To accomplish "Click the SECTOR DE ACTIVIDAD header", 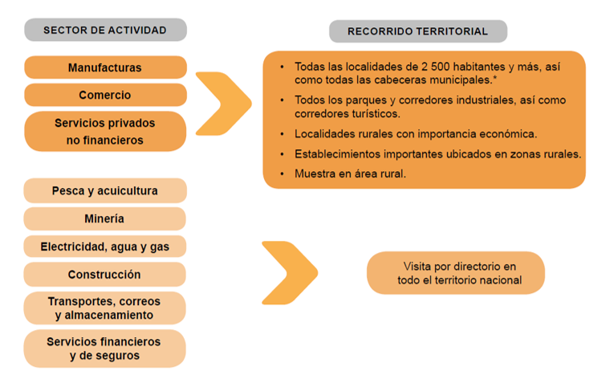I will pos(105,31).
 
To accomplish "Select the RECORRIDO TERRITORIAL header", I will pos(417,31).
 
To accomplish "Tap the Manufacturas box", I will pos(105,67).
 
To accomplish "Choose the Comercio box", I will pos(105,95).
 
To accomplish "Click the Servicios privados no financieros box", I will pos(105,132).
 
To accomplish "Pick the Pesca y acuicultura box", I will pos(105,191).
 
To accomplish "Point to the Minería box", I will pos(105,218).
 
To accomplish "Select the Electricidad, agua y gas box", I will pos(105,246).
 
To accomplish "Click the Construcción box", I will pos(105,275).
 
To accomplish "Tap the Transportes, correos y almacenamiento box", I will pos(105,308).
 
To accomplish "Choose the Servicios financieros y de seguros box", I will pos(105,348).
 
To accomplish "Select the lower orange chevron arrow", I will pos(290,272).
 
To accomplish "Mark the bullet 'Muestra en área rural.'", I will pos(350,173).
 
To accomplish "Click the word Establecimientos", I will pos(339,153).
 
